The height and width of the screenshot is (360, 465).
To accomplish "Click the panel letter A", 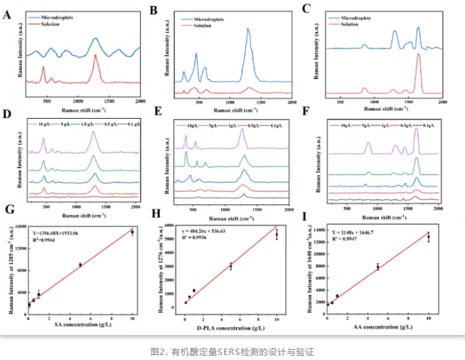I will tap(8, 11).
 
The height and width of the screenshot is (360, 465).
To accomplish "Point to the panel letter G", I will tap(8, 211).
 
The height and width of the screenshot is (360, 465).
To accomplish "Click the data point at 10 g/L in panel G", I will tap(132, 232).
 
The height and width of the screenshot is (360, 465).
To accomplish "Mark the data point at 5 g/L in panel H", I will tap(231, 265).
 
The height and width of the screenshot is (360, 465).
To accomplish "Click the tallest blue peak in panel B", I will tap(249, 30).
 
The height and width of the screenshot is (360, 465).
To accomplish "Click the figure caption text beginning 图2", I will tap(232, 351).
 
